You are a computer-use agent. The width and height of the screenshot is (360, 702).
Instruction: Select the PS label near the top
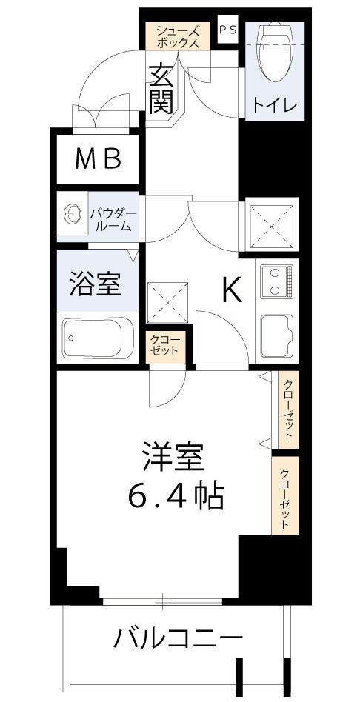click(x=227, y=30)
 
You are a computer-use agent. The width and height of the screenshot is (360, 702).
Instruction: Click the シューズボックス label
click(x=177, y=36)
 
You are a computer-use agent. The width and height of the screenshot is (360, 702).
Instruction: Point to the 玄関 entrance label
click(x=161, y=89)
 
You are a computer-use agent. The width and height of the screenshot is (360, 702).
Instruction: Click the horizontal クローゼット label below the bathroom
click(x=164, y=346)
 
